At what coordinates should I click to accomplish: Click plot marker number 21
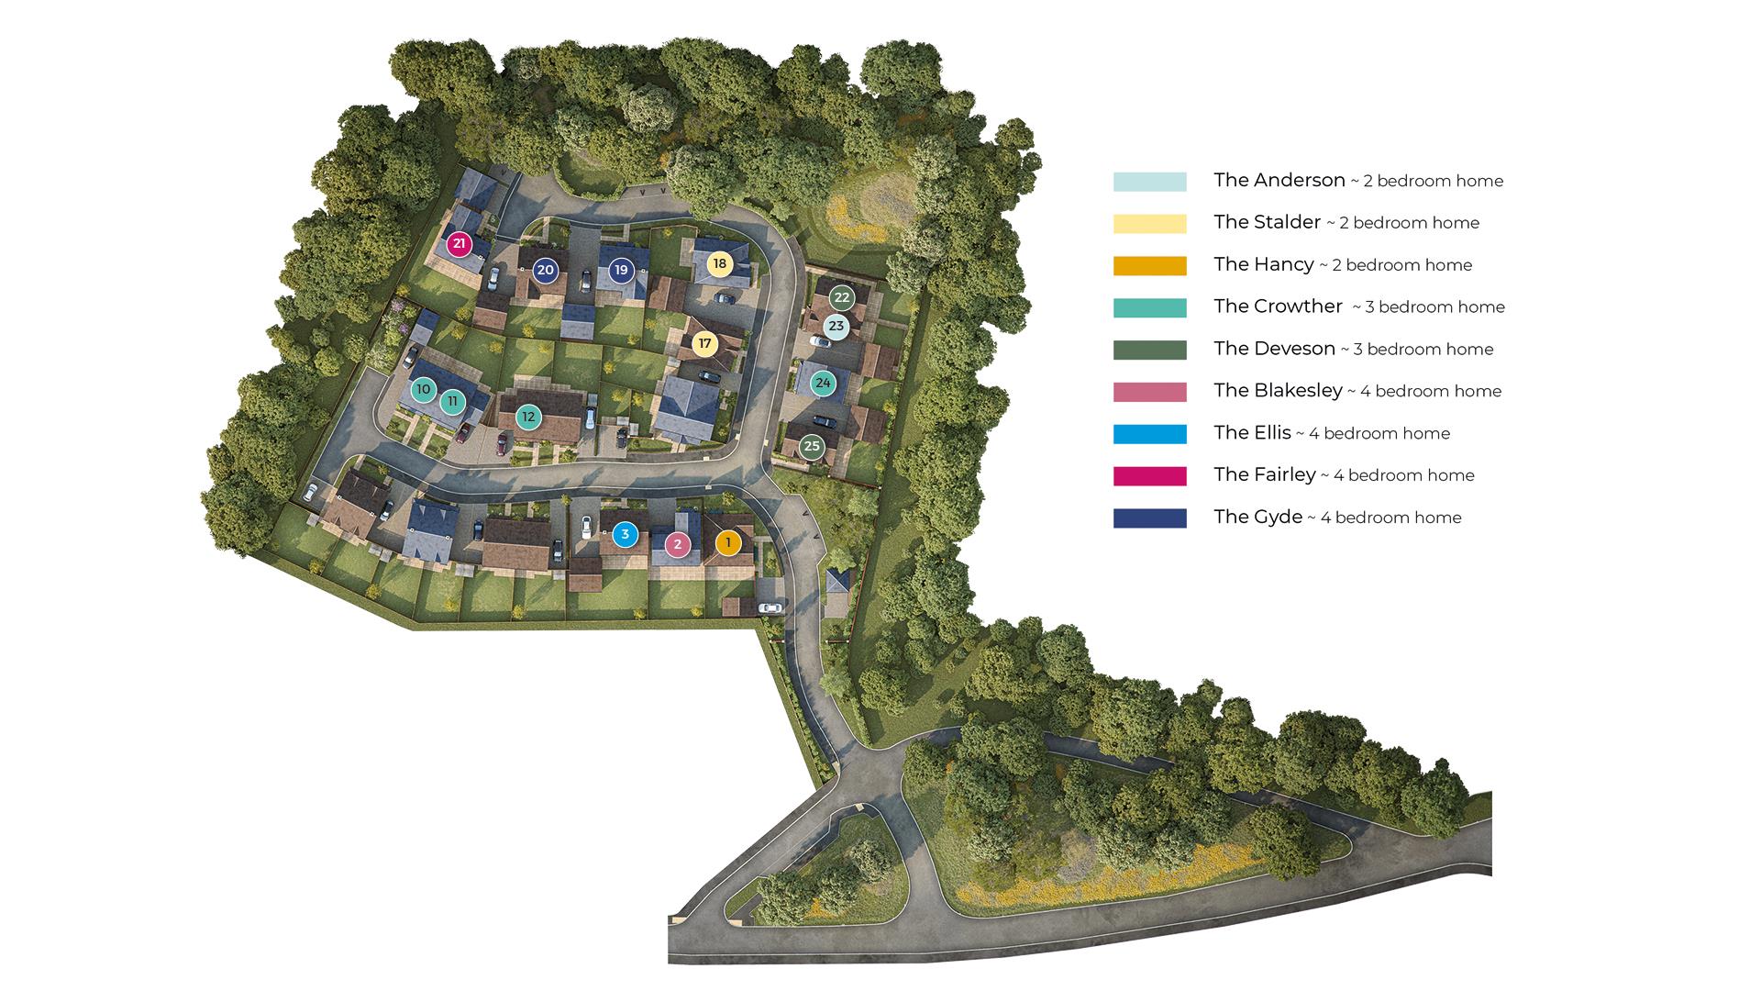point(460,245)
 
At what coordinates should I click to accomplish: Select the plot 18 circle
point(720,264)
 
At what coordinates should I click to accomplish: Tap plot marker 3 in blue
point(625,534)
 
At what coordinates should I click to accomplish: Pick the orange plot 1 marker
point(728,543)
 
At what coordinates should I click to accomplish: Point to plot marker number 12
point(527,418)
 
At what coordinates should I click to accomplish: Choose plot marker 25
point(811,448)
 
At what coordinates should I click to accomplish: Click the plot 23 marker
point(836,327)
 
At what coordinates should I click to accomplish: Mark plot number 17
point(704,344)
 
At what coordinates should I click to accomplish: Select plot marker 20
point(546,270)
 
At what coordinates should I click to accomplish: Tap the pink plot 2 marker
point(678,545)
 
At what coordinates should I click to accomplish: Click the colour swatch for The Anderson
point(1149,182)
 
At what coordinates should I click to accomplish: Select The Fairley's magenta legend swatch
point(1149,476)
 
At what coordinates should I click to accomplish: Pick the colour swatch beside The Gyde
point(1149,518)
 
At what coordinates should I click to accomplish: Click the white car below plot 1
point(770,607)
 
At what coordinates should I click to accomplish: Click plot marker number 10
point(423,390)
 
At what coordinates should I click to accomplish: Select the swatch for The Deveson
point(1149,350)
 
